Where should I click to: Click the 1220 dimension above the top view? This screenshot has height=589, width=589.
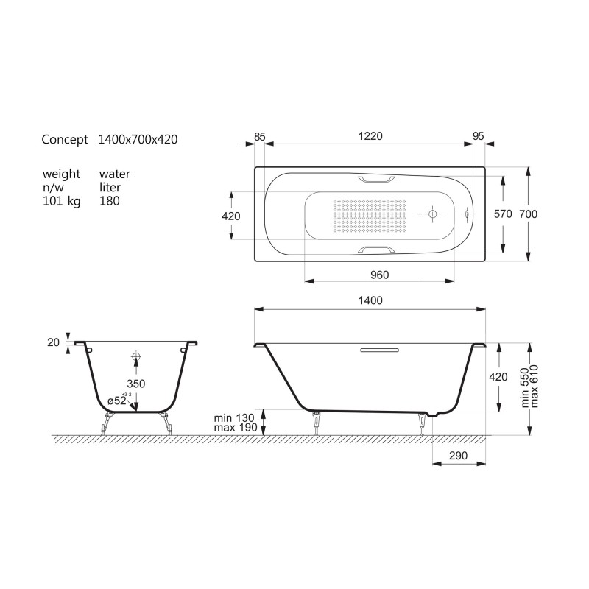tap(370, 136)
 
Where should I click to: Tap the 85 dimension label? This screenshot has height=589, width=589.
tap(260, 137)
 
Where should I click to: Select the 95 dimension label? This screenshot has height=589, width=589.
tap(478, 136)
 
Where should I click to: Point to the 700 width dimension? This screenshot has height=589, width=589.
tap(528, 214)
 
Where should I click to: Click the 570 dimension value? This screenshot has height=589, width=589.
tap(503, 214)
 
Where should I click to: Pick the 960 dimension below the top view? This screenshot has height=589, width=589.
tap(379, 275)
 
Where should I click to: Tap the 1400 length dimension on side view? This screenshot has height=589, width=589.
tap(370, 300)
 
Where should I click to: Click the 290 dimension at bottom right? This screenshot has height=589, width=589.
tap(458, 456)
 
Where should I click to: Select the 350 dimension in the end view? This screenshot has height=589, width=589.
tap(135, 384)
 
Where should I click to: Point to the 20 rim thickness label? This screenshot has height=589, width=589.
tap(53, 342)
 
